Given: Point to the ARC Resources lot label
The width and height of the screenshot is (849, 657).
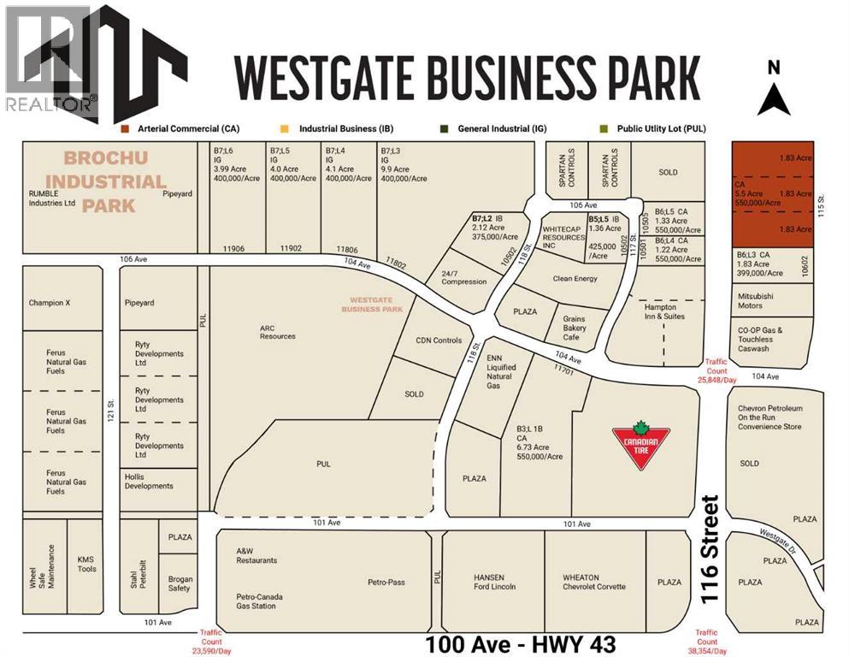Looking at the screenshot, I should pyautogui.click(x=278, y=331).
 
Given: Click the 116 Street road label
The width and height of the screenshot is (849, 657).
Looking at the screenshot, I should pyautogui.click(x=709, y=550).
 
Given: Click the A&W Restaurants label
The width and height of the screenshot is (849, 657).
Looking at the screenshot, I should pyautogui.click(x=256, y=555).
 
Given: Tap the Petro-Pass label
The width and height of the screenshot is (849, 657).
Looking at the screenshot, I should pyautogui.click(x=386, y=583).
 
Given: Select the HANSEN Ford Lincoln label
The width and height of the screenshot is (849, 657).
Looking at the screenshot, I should pyautogui.click(x=495, y=582).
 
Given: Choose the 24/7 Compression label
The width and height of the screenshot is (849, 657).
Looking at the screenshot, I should pyautogui.click(x=464, y=276).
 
